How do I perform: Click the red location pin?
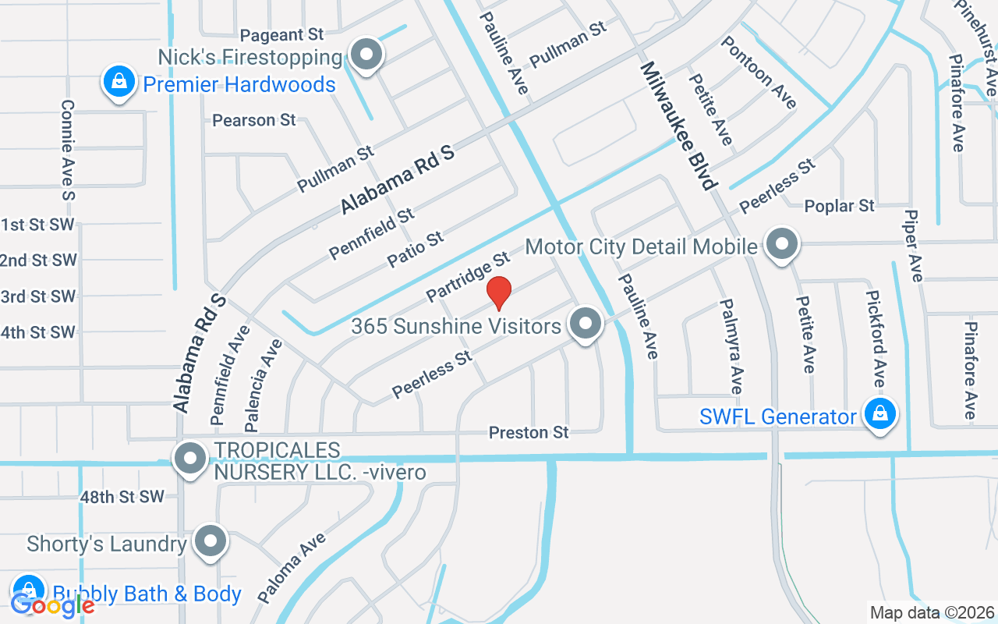pyautogui.click(x=499, y=292)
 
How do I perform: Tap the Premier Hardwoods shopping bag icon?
pyautogui.click(x=119, y=82)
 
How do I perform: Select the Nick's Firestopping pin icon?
pyautogui.click(x=365, y=55)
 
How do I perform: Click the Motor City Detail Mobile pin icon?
pyautogui.click(x=780, y=245)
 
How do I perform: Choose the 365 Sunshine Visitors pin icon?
pyautogui.click(x=585, y=324)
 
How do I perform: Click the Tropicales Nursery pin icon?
pyautogui.click(x=189, y=459)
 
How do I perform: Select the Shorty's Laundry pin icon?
pyautogui.click(x=210, y=541)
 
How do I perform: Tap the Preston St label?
pyautogui.click(x=529, y=432)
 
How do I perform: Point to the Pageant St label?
pyautogui.click(x=281, y=35)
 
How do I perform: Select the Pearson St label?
pyautogui.click(x=254, y=120)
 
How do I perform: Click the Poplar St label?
pyautogui.click(x=839, y=207)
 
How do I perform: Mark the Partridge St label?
pyautogui.click(x=468, y=277)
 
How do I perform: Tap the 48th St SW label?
pyautogui.click(x=122, y=497)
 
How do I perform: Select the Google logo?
pyautogui.click(x=52, y=604)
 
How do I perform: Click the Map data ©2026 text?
pyautogui.click(x=933, y=613)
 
